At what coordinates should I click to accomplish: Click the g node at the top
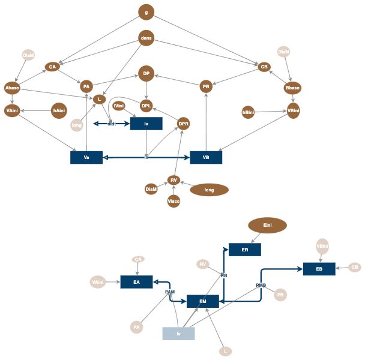[146, 11]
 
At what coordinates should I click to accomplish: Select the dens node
[146, 38]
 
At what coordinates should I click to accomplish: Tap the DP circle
[146, 73]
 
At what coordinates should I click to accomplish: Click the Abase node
[13, 88]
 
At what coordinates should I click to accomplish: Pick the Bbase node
[292, 88]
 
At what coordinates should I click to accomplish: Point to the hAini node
[59, 111]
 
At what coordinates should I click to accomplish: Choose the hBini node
[247, 112]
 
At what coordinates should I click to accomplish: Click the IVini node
[119, 106]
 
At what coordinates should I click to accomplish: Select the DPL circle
[146, 106]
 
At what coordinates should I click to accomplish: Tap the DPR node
[184, 124]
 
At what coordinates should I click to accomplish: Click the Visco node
[173, 201]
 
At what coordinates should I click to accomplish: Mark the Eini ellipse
[267, 225]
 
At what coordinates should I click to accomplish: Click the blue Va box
[86, 157]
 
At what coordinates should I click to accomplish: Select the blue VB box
[206, 157]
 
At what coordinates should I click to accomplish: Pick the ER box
[245, 250]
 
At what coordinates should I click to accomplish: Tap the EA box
[136, 281]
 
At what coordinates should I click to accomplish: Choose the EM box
[203, 301]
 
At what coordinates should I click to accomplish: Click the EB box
[319, 269]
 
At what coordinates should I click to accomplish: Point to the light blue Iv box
[178, 334]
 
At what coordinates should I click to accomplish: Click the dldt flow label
[112, 124]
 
